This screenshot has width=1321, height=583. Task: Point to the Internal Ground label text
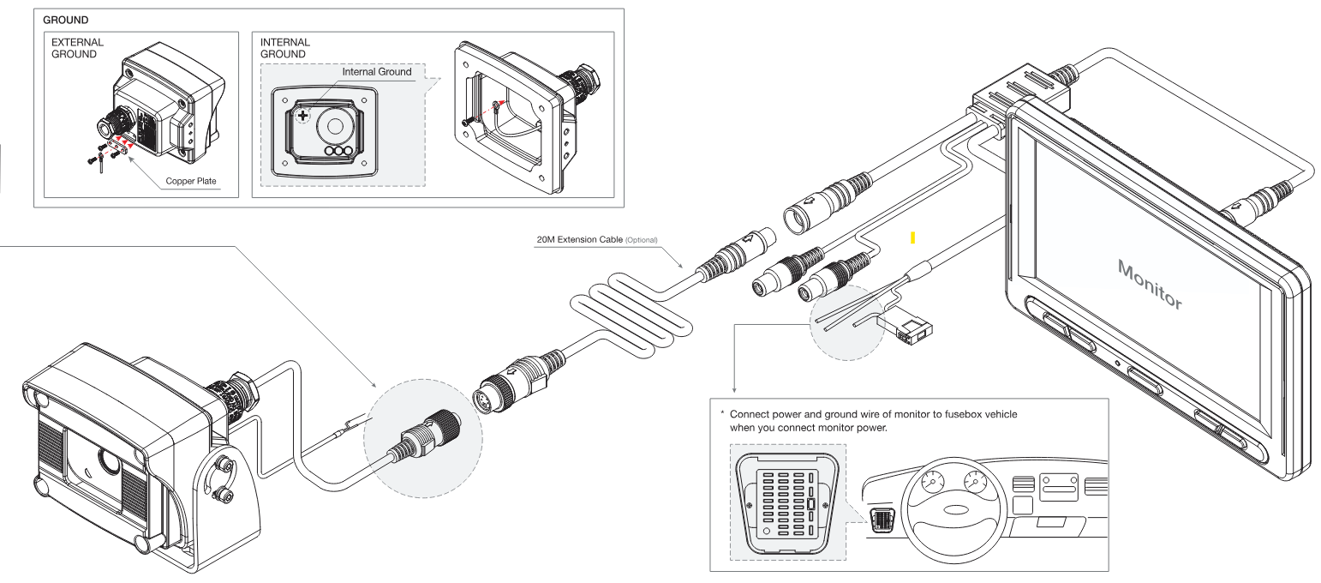point(376,72)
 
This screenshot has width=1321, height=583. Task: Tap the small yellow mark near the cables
point(913,237)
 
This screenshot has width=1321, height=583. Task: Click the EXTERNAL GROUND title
point(78,48)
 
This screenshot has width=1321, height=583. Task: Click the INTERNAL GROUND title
point(285,48)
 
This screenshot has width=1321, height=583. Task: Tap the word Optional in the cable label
point(641,240)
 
